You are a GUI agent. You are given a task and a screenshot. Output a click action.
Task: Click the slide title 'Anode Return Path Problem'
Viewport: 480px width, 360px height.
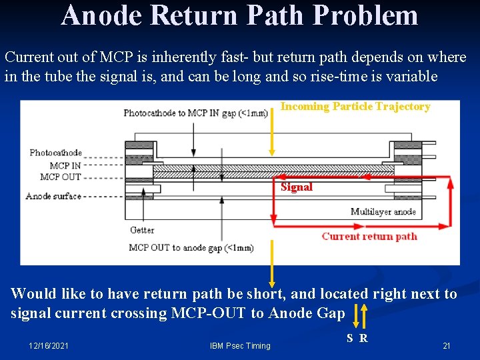coord(239,15)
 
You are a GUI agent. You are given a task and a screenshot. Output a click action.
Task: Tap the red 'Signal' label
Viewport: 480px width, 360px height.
coord(297,187)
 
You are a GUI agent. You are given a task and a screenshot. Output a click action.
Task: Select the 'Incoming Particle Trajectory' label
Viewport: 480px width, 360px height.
coord(355,107)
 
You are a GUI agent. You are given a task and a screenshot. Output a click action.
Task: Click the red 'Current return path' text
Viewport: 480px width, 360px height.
coord(369,236)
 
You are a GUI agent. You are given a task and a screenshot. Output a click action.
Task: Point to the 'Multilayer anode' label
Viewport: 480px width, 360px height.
coord(383,212)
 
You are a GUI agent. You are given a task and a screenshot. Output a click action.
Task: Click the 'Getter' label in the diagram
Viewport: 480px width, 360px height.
coord(142,230)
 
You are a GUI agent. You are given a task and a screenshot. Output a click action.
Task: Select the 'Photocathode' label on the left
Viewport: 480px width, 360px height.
coord(55,153)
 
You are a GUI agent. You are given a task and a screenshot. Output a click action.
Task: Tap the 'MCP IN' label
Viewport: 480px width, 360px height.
coord(65,165)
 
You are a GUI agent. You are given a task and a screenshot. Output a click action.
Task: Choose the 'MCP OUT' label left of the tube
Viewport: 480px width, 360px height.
coord(61,177)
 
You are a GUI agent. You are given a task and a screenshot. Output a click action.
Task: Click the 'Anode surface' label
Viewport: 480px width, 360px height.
coord(53,196)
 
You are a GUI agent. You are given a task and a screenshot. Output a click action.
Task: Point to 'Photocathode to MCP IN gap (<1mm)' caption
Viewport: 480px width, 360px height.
coord(195,113)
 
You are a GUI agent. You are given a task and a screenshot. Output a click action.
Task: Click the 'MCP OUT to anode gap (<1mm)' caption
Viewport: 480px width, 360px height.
coord(191,248)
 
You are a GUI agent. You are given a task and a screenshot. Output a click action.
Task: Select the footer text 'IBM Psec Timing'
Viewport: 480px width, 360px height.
coord(240,345)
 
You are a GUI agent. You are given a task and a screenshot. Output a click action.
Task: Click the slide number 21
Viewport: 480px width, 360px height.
coord(447,345)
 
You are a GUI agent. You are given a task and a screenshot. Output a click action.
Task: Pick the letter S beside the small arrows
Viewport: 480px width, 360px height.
coord(350,338)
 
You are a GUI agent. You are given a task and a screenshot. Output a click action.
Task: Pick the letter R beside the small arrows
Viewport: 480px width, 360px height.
coord(363,338)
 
